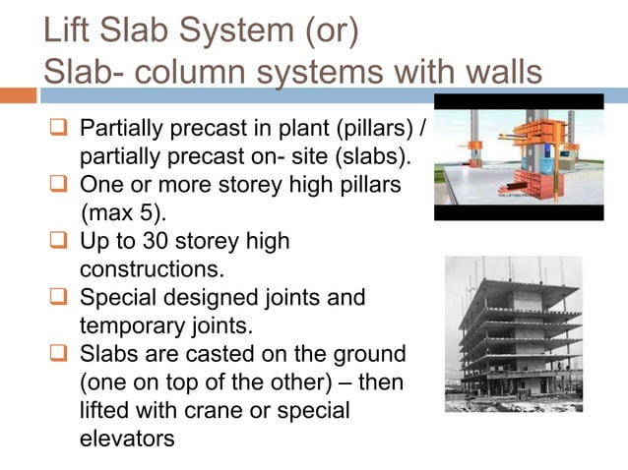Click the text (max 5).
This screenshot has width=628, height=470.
click(x=128, y=212)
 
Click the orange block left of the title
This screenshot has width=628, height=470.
click(x=18, y=95)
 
